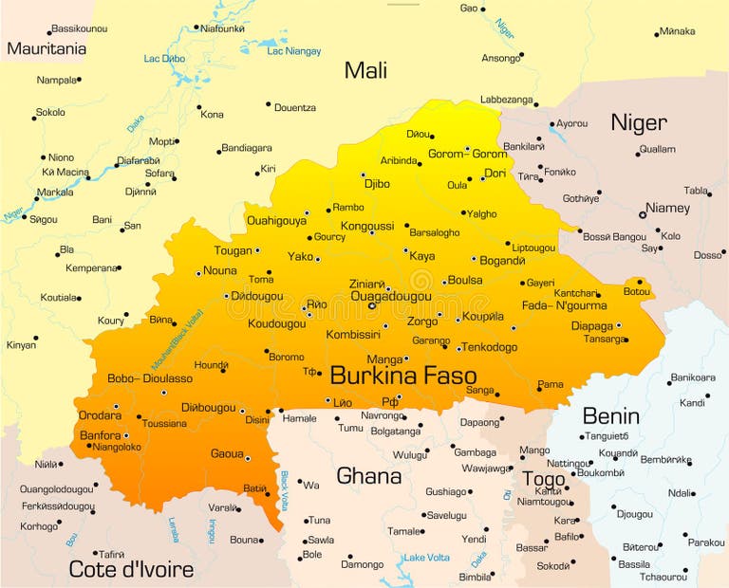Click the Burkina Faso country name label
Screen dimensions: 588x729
tap(402, 375)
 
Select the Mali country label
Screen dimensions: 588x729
tap(365, 69)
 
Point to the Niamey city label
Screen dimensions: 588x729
tap(667, 208)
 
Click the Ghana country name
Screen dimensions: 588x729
tap(369, 475)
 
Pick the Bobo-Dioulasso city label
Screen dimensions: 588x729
tap(150, 377)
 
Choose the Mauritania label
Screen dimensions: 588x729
tap(47, 48)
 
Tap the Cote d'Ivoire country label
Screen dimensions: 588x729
tap(131, 569)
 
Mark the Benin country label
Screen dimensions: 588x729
tap(610, 415)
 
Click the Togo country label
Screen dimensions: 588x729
tap(544, 479)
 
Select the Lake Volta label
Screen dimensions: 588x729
tap(425, 558)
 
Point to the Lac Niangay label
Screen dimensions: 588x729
tap(293, 51)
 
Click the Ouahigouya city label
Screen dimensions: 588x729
tap(276, 220)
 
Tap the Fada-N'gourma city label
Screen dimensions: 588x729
tap(564, 305)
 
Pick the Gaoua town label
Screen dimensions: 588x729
tap(227, 453)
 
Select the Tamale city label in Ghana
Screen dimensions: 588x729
tap(404, 531)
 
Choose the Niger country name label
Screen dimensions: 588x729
tap(638, 122)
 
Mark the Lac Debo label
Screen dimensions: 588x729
tap(164, 59)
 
